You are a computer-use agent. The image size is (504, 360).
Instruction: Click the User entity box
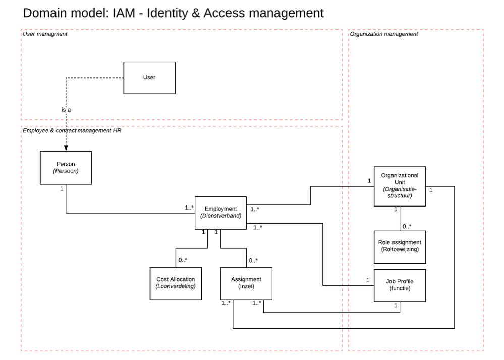click(149, 78)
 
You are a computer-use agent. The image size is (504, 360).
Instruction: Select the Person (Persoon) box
click(66, 168)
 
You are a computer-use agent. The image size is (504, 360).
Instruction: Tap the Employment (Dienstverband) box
click(220, 213)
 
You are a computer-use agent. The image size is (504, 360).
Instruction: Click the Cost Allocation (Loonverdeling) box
click(175, 283)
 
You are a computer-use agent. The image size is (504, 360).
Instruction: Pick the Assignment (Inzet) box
click(246, 283)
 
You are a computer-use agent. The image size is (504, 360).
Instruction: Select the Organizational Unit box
click(400, 186)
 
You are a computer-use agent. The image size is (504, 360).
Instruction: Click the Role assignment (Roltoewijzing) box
click(400, 247)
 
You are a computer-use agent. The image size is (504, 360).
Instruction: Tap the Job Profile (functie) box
click(400, 285)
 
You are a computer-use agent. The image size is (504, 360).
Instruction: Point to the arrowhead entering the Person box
click(66, 149)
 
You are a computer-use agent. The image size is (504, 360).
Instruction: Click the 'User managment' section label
click(45, 34)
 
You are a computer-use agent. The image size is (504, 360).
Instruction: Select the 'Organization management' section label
click(384, 34)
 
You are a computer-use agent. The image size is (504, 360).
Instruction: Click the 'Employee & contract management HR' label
click(72, 131)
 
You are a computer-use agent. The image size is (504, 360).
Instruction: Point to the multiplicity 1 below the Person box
click(62, 189)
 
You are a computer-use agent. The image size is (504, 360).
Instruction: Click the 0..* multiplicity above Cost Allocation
click(183, 260)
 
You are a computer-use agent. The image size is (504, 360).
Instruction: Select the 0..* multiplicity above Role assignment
click(407, 226)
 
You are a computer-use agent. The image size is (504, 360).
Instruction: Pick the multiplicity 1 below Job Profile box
click(395, 306)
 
